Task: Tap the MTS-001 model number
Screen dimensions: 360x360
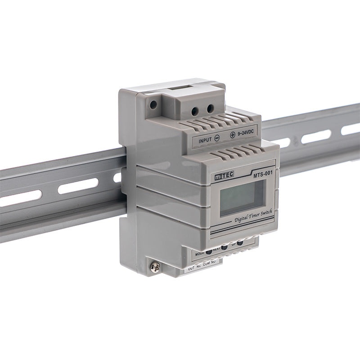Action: (262, 172)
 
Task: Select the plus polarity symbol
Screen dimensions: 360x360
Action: (232, 135)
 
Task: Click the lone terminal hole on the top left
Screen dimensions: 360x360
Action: (153, 104)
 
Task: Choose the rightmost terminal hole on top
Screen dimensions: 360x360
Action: (210, 108)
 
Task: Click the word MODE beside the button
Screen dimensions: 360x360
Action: (199, 254)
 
